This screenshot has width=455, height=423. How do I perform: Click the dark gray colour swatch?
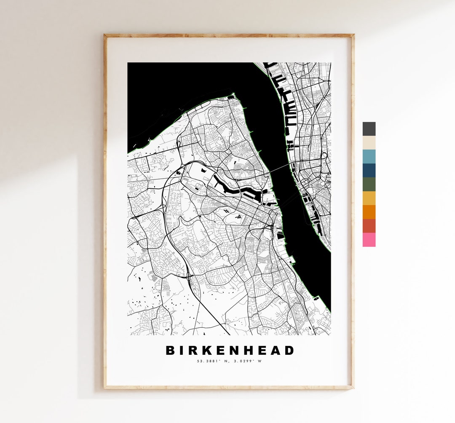[x=369, y=129]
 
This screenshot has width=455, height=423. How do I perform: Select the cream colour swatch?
[x=369, y=143]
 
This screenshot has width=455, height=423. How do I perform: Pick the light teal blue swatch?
[x=369, y=156]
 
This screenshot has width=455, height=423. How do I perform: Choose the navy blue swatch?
[x=369, y=170]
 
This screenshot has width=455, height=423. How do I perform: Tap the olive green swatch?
[x=369, y=184]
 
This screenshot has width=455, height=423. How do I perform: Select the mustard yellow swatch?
[x=369, y=198]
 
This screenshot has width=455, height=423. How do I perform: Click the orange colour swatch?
[x=369, y=212]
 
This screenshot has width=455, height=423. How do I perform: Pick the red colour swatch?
[x=369, y=226]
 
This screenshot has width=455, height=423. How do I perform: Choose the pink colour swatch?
[x=369, y=240]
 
